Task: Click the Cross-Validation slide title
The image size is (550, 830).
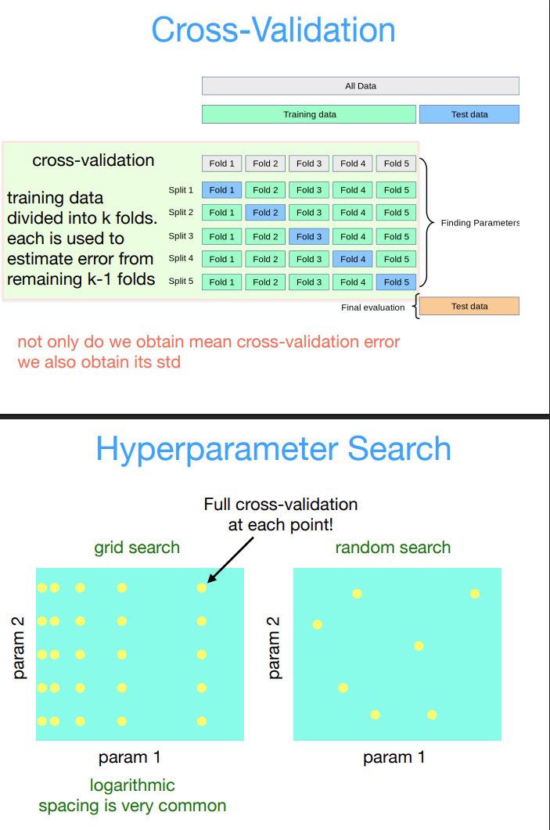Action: (x=273, y=30)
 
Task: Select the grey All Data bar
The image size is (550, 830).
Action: (x=361, y=86)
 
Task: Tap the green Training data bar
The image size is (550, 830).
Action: (x=309, y=114)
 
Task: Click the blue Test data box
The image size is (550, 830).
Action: (x=469, y=114)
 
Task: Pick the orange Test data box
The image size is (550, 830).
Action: (x=469, y=306)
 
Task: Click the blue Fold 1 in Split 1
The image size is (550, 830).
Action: (x=222, y=189)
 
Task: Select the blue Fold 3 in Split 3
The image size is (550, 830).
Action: (x=309, y=236)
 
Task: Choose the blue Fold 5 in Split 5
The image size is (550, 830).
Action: (x=397, y=282)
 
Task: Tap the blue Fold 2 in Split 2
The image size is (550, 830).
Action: (x=265, y=212)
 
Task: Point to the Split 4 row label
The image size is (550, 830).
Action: (x=181, y=258)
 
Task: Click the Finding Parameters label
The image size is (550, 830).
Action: (x=480, y=223)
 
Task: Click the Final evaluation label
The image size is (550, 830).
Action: (x=372, y=307)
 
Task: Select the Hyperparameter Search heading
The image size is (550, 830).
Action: (x=273, y=449)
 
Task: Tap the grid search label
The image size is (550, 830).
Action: (x=137, y=548)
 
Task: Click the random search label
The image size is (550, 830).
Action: (x=393, y=548)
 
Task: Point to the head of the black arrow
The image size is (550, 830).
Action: (x=210, y=580)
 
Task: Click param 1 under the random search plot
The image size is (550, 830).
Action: (x=394, y=757)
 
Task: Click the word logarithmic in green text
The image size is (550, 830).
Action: (x=132, y=785)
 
